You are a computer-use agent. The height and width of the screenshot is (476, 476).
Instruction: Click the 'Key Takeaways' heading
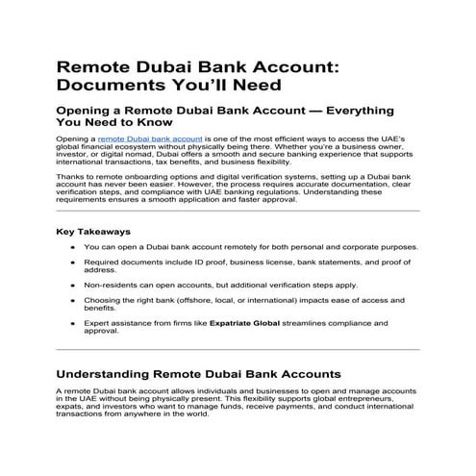point(94,232)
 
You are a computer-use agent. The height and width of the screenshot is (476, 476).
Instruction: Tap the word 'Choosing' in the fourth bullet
point(102,304)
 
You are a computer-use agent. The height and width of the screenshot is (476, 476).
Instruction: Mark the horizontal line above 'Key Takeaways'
point(238,211)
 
